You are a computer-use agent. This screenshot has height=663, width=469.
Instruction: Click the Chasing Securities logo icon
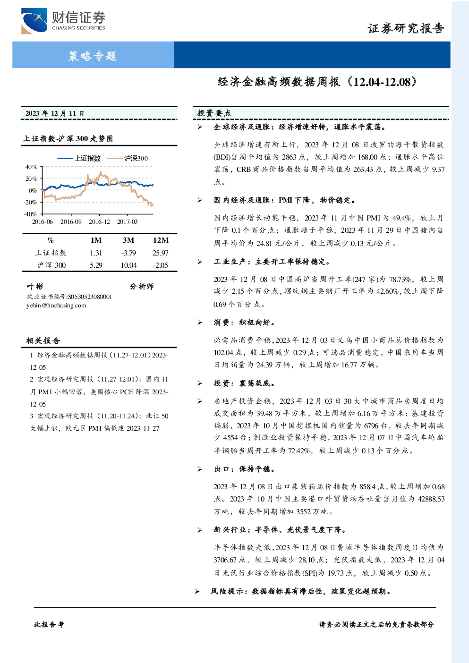34,21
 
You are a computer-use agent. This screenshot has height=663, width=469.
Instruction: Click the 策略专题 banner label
93,56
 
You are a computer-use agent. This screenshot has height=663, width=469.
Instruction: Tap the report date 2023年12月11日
55,113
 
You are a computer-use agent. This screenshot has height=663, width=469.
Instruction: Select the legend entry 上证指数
79,158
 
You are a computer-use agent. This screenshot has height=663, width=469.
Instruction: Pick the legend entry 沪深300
128,158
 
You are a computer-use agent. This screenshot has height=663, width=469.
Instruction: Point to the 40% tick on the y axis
31,167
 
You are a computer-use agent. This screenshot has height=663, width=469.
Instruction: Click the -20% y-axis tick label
30,203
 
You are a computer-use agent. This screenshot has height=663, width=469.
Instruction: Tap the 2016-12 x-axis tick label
99,221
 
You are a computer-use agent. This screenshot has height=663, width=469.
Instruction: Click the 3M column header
128,240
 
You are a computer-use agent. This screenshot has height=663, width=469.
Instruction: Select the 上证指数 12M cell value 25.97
161,253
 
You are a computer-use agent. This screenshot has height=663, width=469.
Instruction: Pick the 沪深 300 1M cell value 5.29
96,265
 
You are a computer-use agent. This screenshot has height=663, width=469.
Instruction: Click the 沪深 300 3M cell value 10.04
128,265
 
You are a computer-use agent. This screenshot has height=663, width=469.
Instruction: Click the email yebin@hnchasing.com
56,306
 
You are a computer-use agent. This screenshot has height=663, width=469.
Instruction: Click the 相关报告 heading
43,340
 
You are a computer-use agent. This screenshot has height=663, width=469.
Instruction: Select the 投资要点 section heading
214,113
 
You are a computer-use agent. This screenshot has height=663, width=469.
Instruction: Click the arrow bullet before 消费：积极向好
200,323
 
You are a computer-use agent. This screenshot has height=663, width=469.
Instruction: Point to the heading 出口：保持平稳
244,469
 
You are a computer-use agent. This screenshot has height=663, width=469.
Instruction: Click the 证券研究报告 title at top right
406,29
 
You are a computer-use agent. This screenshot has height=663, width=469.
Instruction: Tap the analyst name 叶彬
35,287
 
